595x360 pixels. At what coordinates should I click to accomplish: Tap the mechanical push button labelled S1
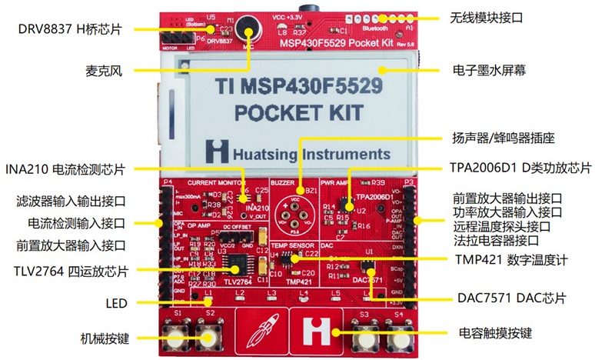pos(178,338)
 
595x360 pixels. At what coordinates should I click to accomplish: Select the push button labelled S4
pos(397,336)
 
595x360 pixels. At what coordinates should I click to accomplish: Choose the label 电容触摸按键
pos(493,333)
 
